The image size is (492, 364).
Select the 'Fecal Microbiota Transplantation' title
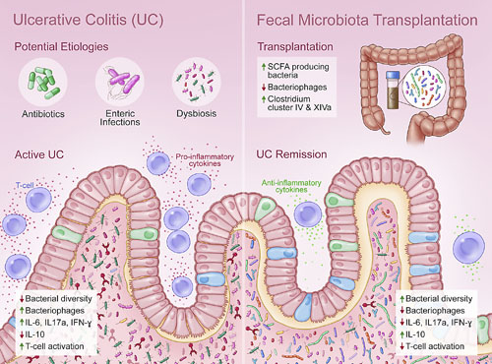tap(370, 19)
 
